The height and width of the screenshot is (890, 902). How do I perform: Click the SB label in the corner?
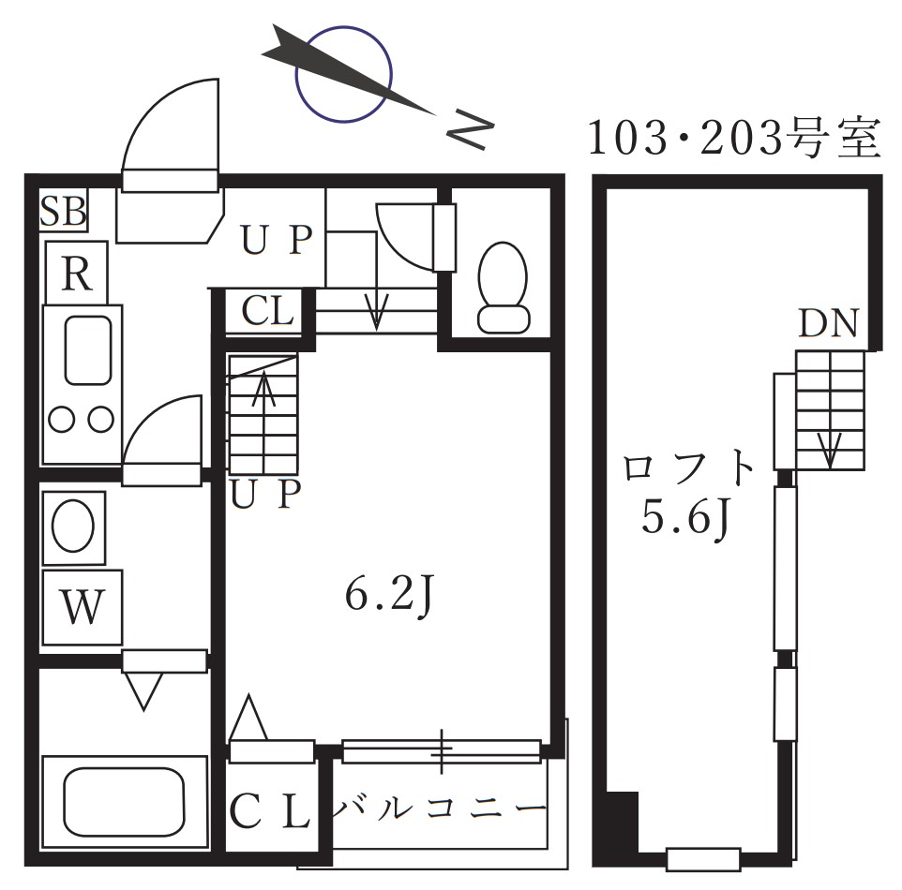[64, 212]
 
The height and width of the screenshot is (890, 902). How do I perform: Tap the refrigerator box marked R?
[77, 274]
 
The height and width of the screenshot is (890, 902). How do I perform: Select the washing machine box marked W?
[82, 608]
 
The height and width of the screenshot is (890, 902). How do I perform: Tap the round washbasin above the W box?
[73, 527]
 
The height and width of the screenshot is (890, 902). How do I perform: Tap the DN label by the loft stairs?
[828, 323]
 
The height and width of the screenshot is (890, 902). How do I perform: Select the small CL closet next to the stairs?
[267, 311]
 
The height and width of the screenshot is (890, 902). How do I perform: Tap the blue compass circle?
[343, 74]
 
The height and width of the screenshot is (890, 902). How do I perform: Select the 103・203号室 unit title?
[733, 139]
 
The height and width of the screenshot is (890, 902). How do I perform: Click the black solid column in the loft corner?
[621, 821]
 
